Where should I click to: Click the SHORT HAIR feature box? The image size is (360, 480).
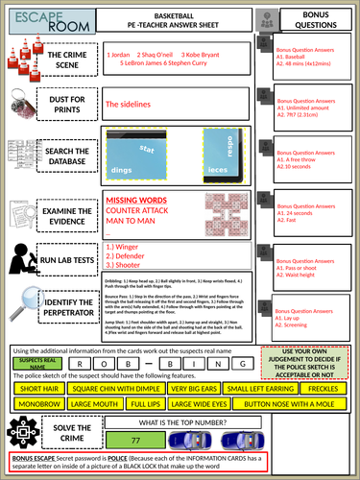(x=38, y=388)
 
